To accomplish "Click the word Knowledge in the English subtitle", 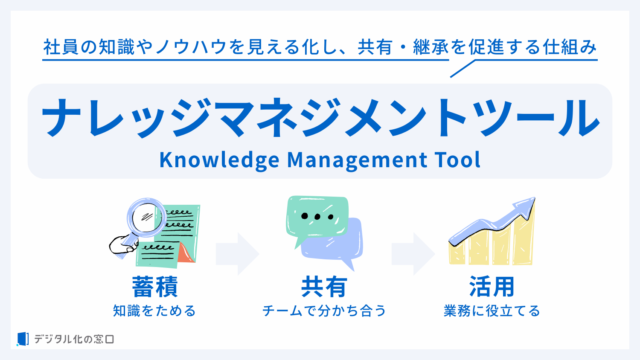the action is (219, 160).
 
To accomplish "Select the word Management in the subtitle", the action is (357, 160).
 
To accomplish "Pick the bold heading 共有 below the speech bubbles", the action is (324, 287).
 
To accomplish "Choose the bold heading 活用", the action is (492, 287).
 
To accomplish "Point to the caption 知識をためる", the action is (154, 311).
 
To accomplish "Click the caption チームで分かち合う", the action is (324, 311).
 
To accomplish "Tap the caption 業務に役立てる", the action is (492, 311).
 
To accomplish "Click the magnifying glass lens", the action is (146, 218).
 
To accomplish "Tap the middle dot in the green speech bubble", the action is (317, 217).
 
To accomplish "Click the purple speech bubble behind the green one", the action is (337, 246).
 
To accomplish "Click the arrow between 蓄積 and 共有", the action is (238, 254).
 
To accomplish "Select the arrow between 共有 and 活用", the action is (413, 254).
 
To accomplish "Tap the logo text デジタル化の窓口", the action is (74, 339).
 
